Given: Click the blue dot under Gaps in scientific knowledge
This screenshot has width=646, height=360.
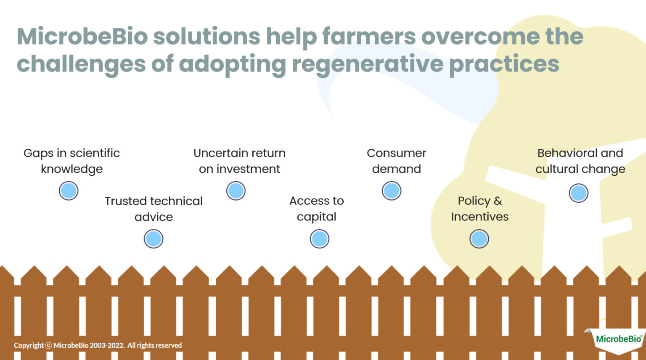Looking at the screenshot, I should (69, 191).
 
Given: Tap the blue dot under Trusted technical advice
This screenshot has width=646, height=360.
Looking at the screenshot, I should (154, 239).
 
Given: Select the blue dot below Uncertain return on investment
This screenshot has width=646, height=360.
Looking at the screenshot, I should (236, 191).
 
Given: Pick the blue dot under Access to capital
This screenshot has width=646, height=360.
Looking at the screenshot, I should (320, 239).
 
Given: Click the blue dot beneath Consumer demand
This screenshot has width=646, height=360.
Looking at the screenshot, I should (392, 191).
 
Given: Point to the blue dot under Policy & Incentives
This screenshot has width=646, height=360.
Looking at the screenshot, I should (479, 239).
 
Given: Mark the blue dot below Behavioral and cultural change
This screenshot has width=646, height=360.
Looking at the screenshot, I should (579, 193).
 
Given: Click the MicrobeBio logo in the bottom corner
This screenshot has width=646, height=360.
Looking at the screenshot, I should (618, 339).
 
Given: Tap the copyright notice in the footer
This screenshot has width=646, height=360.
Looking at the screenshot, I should (98, 345).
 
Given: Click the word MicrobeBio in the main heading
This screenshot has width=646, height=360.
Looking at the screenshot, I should (82, 36).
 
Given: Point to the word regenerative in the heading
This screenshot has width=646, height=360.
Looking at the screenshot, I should (367, 64).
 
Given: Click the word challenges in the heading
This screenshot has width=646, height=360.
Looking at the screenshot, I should (81, 64).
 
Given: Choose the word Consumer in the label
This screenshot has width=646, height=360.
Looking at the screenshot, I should (396, 153).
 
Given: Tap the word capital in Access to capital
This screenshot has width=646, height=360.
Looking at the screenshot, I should (316, 217).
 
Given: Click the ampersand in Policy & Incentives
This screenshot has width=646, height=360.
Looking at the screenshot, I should (498, 201).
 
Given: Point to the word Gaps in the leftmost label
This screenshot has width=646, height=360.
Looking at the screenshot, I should (38, 154).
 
